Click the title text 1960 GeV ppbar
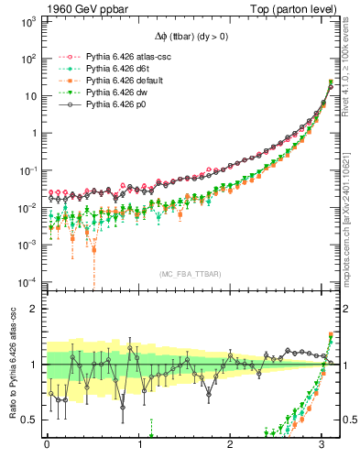[x=72, y=8]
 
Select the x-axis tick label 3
[x=323, y=446]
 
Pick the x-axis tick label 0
[x=47, y=446]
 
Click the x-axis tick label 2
[x=232, y=446]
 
